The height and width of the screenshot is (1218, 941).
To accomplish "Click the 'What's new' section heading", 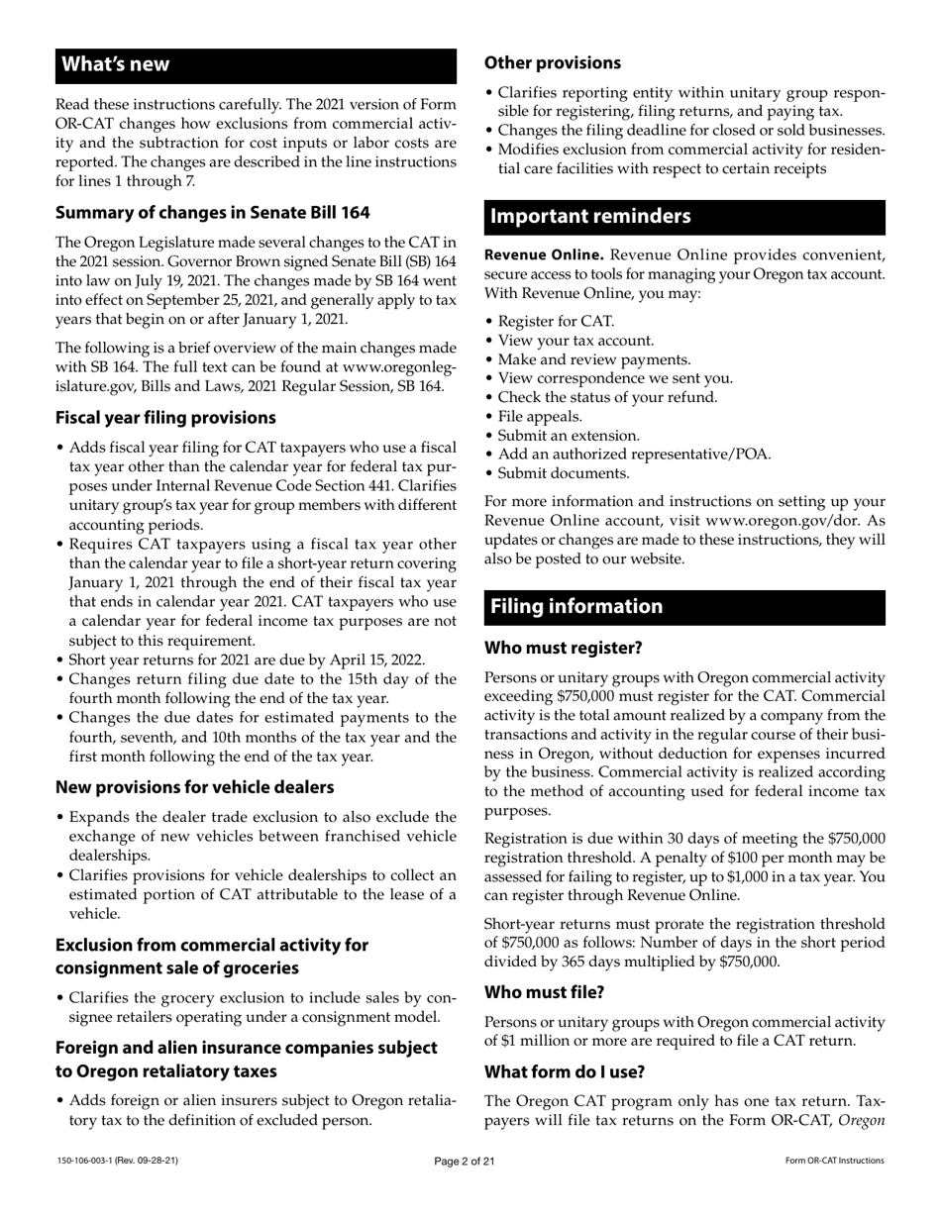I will click(x=116, y=65).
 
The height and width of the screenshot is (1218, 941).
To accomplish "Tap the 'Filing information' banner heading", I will click(x=576, y=607).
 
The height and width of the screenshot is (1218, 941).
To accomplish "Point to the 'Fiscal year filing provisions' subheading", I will click(x=165, y=418).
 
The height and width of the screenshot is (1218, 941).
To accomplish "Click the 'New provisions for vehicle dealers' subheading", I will click(x=194, y=787).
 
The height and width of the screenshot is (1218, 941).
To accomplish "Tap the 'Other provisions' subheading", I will click(x=553, y=63).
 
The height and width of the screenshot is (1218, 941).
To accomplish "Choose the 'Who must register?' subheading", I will click(x=564, y=649).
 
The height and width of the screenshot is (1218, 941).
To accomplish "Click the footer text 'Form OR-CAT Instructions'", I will click(x=834, y=1162).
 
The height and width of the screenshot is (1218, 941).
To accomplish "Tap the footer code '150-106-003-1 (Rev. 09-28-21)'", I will click(x=117, y=1161).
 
